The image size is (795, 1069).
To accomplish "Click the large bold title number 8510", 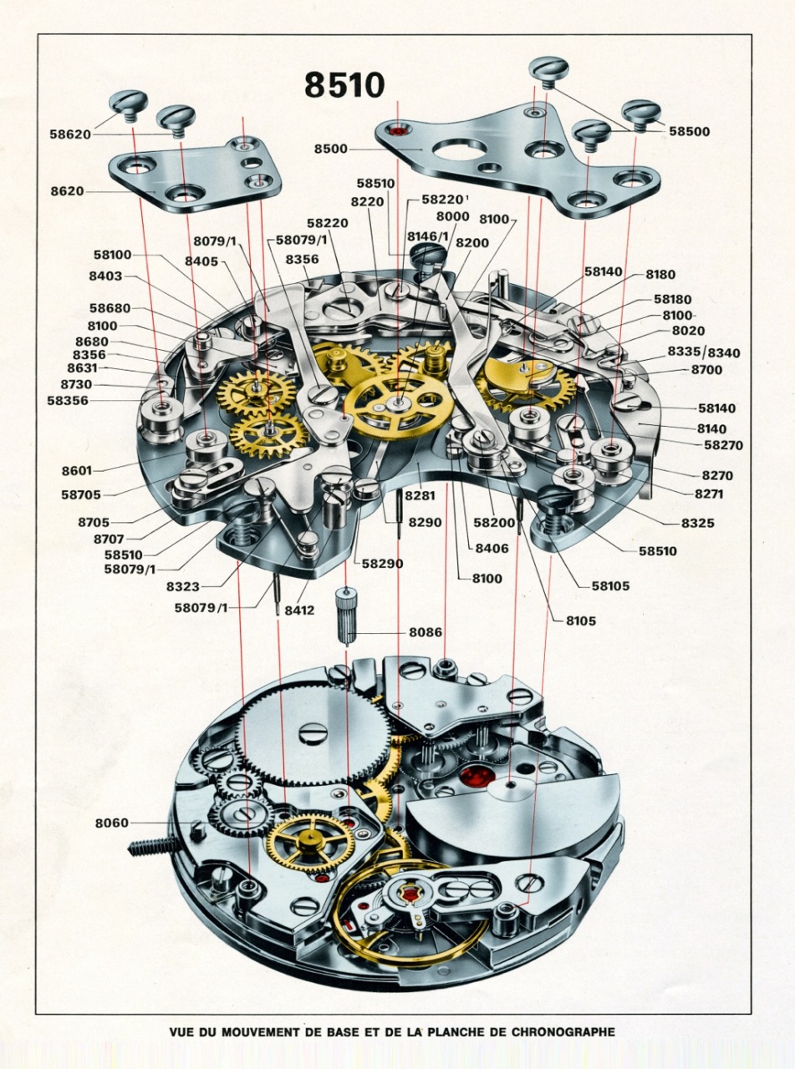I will (x=344, y=84).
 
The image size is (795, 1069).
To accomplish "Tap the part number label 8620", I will (x=67, y=190).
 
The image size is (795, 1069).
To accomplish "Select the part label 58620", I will (x=71, y=133).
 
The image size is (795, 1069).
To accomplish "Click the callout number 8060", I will (x=111, y=823).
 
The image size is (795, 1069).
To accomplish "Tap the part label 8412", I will (x=300, y=610).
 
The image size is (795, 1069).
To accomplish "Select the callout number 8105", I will (x=580, y=621).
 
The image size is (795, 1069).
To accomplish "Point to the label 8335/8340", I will (x=703, y=352).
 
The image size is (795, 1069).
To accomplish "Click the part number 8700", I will (x=706, y=369).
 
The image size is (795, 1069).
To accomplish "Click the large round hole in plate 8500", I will (x=455, y=149).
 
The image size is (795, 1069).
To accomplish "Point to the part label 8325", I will (x=686, y=523).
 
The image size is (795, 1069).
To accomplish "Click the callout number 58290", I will (x=382, y=564).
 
